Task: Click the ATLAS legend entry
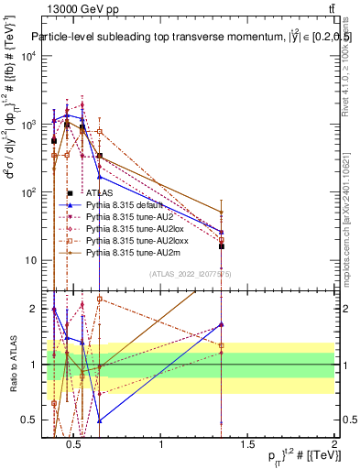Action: click(100, 193)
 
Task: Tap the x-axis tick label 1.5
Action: click(247, 444)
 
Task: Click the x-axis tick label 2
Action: click(333, 444)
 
